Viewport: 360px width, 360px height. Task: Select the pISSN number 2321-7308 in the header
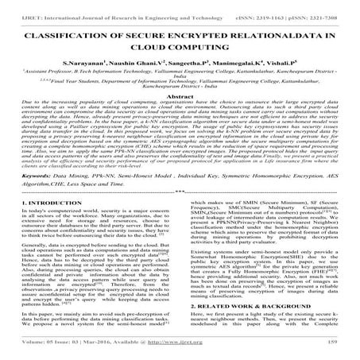(x=332, y=5)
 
